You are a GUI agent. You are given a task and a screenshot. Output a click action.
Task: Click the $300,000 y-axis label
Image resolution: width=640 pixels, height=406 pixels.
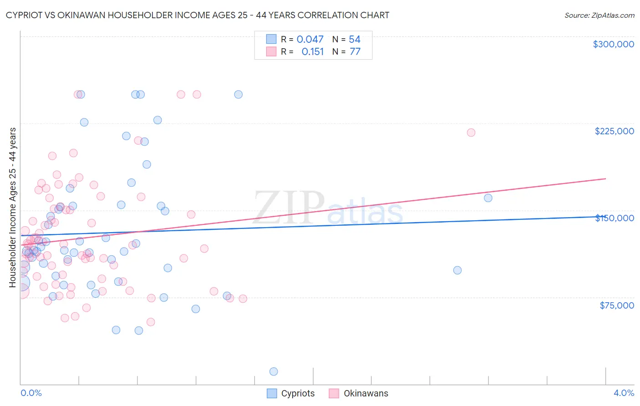[613, 44]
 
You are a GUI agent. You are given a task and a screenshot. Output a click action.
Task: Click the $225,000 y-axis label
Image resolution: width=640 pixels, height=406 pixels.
[614, 131]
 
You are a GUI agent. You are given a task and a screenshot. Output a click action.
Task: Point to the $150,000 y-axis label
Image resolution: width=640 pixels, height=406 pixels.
[615, 218]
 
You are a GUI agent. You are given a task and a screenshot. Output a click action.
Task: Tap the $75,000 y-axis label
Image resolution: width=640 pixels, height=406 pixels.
[617, 305]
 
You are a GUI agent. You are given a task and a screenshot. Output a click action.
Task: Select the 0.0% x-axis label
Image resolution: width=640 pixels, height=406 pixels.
[31, 393]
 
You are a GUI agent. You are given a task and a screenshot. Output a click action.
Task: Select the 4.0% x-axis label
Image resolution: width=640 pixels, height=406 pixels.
[624, 393]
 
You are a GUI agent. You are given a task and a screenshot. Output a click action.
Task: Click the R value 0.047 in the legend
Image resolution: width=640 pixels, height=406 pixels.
[310, 40]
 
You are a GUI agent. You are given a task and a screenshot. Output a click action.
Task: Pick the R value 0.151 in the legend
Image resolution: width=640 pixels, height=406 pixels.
[313, 52]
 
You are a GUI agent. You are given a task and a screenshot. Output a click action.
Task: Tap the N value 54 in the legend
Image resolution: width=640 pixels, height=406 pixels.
[355, 40]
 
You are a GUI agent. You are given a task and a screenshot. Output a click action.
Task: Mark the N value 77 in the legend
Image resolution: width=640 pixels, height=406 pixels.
[355, 52]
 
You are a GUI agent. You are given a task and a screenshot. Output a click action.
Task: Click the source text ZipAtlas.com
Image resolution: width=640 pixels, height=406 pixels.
[599, 15]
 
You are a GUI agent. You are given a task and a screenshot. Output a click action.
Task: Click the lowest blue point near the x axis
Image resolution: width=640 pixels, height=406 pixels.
[274, 371]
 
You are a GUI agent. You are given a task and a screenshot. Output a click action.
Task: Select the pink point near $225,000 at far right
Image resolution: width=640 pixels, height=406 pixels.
[471, 132]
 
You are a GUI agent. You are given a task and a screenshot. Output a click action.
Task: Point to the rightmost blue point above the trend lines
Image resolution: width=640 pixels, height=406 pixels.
[488, 198]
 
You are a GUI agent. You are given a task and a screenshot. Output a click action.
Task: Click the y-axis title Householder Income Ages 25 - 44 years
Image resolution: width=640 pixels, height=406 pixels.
[12, 208]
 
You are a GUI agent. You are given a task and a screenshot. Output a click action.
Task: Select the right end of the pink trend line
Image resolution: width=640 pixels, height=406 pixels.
[605, 179]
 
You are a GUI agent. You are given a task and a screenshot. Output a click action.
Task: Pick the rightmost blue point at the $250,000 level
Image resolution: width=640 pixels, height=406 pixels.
[238, 95]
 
